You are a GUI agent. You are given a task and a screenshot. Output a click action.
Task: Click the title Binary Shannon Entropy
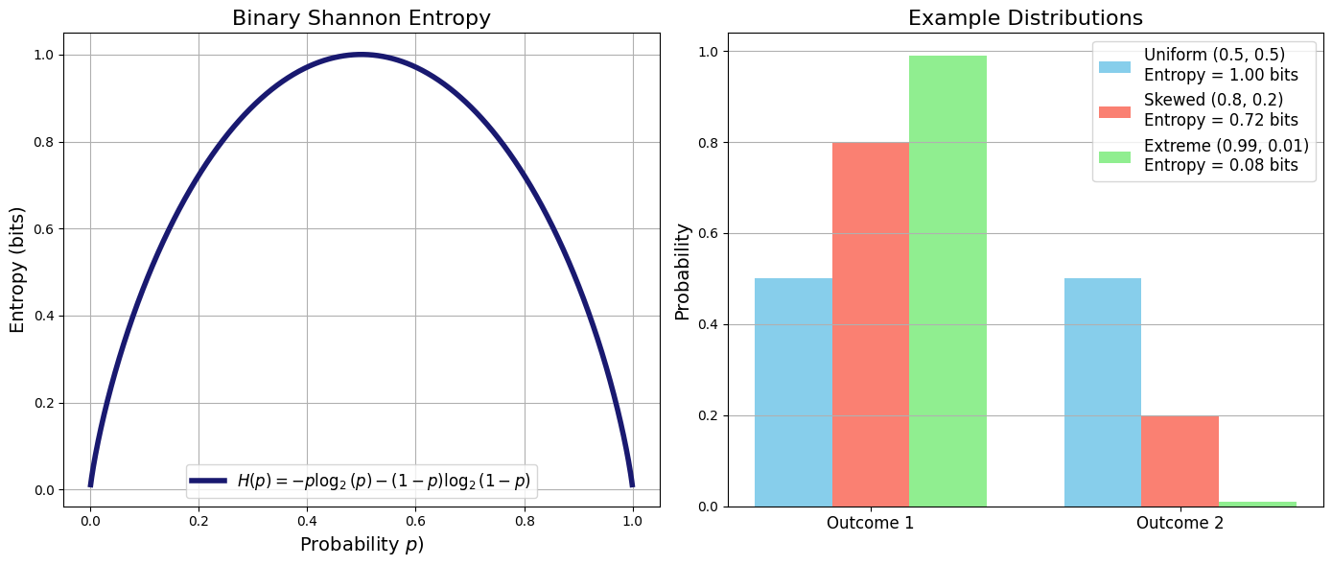[361, 18]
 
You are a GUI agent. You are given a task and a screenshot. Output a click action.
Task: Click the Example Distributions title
[1025, 18]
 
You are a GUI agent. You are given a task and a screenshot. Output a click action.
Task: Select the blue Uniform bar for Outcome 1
[793, 392]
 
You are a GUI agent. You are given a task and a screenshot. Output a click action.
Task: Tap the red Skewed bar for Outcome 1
[870, 324]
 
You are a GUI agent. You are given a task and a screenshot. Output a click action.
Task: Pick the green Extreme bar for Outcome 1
[947, 281]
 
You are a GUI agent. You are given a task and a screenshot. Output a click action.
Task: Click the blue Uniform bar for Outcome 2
[1102, 392]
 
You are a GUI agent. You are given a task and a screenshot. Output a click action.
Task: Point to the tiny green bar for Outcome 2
[1257, 504]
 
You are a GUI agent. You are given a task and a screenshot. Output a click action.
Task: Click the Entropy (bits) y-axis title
[17, 270]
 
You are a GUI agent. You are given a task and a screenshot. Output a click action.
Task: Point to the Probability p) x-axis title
[361, 545]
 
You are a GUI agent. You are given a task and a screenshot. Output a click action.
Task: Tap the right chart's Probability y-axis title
[683, 271]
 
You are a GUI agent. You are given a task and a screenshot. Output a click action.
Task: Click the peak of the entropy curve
[361, 55]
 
